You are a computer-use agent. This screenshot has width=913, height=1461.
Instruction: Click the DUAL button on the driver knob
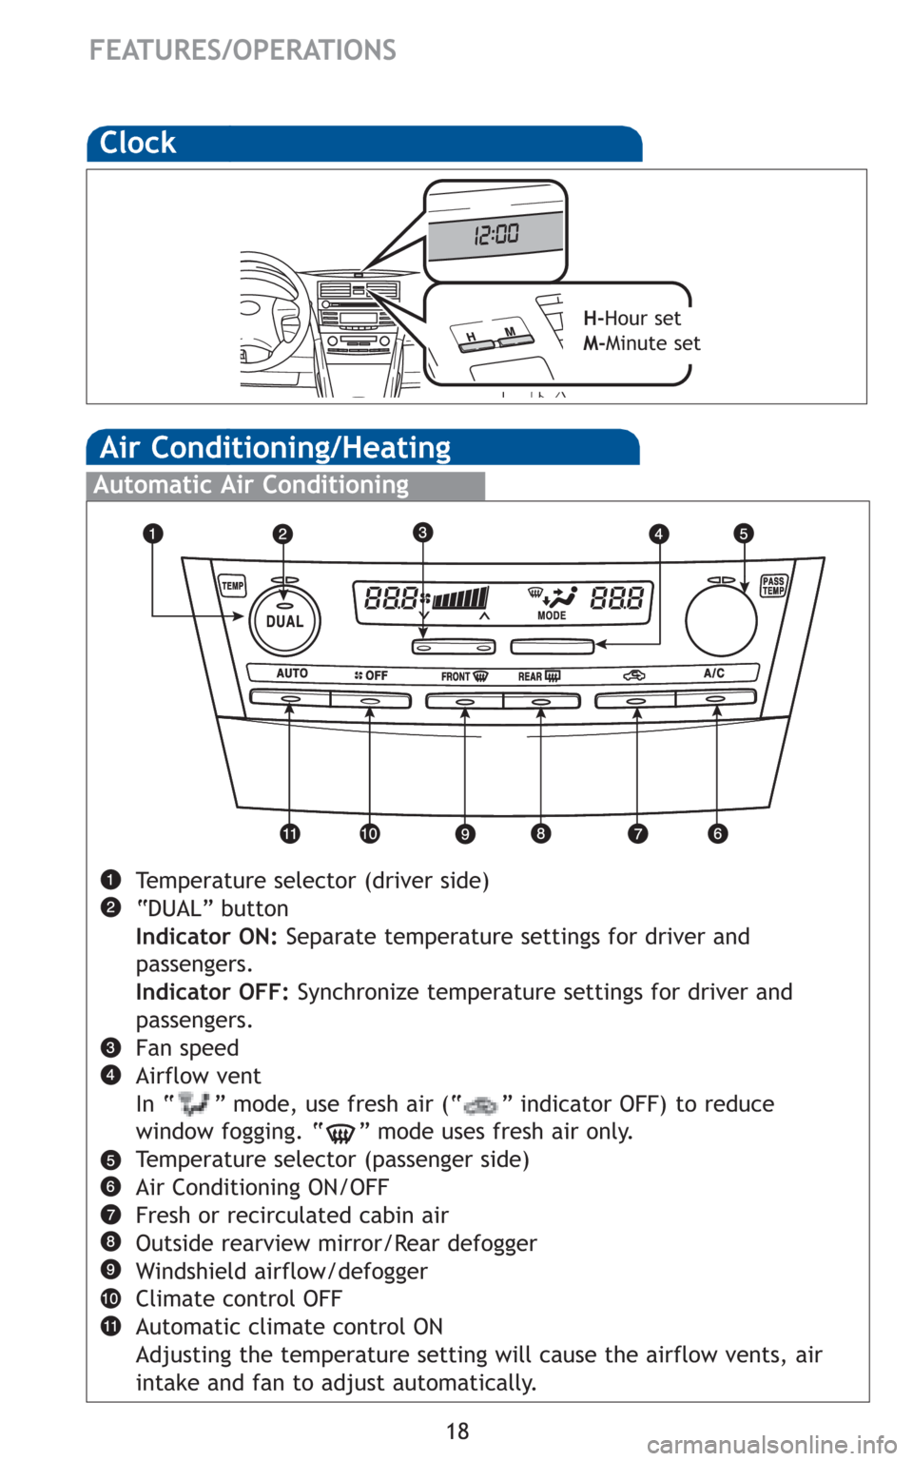pos(284,620)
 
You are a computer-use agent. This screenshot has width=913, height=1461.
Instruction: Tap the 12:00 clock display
pos(496,233)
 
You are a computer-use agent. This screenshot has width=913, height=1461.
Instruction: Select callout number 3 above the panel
pos(422,532)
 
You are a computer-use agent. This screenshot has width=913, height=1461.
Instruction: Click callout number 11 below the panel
pos(290,834)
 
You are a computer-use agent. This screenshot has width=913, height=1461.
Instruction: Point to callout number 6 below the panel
pos(718,834)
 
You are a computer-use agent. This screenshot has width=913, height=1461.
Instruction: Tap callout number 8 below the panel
pos(540,834)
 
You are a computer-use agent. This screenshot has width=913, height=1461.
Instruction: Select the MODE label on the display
pos(552,615)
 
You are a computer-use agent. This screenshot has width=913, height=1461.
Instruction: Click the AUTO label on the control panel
pos(292,673)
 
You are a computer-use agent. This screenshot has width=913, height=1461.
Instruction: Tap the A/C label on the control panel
pos(714,673)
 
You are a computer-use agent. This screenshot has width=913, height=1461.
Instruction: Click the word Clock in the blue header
pos(138,143)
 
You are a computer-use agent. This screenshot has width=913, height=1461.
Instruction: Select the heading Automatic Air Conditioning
pos(251,485)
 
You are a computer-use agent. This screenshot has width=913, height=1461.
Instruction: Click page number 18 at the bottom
pos(457,1431)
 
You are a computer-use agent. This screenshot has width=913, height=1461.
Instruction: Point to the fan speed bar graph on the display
pos(461,597)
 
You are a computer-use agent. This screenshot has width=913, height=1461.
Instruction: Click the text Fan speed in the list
pos(186,1048)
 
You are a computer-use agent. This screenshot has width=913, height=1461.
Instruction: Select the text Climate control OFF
pos(239,1298)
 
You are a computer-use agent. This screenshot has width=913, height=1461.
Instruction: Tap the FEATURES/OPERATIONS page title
pos(243,49)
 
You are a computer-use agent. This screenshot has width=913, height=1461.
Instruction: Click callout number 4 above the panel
pos(659,534)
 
